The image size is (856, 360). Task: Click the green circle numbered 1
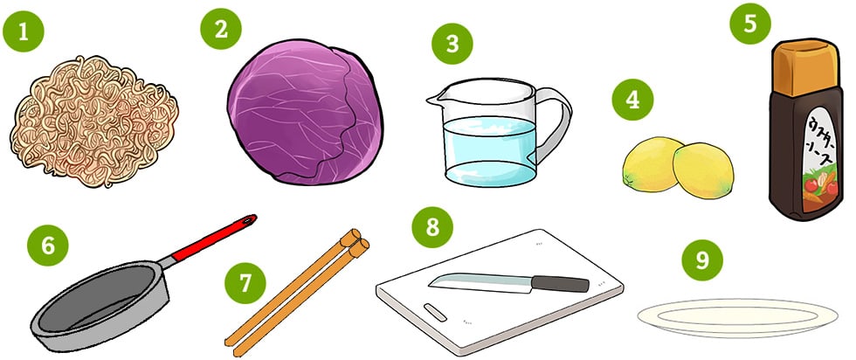[23, 31]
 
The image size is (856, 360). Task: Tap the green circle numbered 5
[749, 24]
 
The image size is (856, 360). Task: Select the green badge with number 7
[245, 283]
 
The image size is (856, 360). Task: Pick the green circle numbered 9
[702, 260]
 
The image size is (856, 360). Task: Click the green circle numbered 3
[452, 44]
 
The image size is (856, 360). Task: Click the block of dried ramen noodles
[94, 121]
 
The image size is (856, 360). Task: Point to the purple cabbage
[305, 112]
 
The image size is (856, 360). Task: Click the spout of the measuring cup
[434, 99]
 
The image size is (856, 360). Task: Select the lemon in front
[703, 170]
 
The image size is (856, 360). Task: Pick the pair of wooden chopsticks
[297, 293]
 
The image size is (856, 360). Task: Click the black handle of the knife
[560, 283]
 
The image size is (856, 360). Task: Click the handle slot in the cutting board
[435, 313]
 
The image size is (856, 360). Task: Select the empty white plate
[737, 318]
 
